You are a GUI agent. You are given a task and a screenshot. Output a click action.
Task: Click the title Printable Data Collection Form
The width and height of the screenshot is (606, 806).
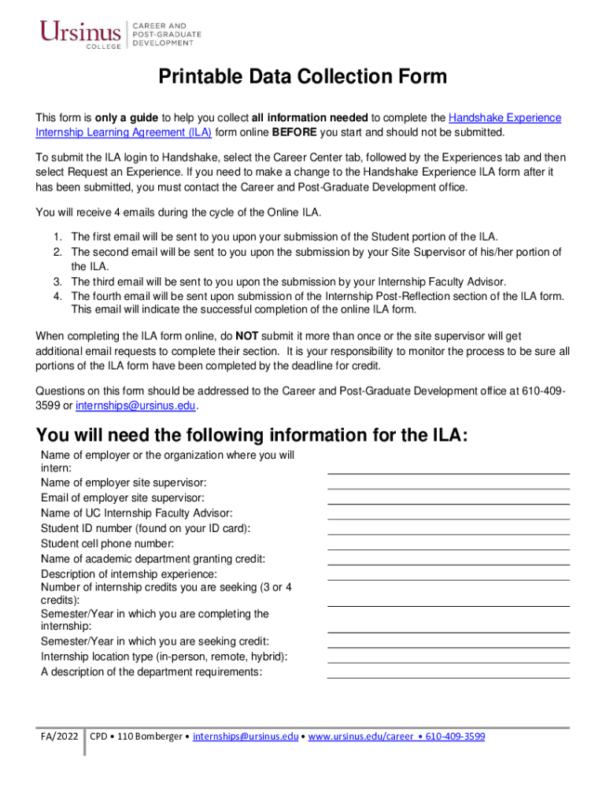[x=303, y=77]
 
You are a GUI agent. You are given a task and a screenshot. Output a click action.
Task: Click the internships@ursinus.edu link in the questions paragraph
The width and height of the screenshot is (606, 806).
[x=135, y=406]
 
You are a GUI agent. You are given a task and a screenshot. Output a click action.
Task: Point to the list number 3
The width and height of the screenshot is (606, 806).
[x=57, y=281]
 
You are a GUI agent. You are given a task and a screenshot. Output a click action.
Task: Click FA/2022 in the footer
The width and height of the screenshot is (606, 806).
[x=60, y=737]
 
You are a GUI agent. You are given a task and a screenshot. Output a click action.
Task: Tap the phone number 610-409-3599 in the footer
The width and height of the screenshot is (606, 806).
[x=455, y=737]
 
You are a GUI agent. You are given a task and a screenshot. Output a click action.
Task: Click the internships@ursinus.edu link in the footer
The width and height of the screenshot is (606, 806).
[x=246, y=737]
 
